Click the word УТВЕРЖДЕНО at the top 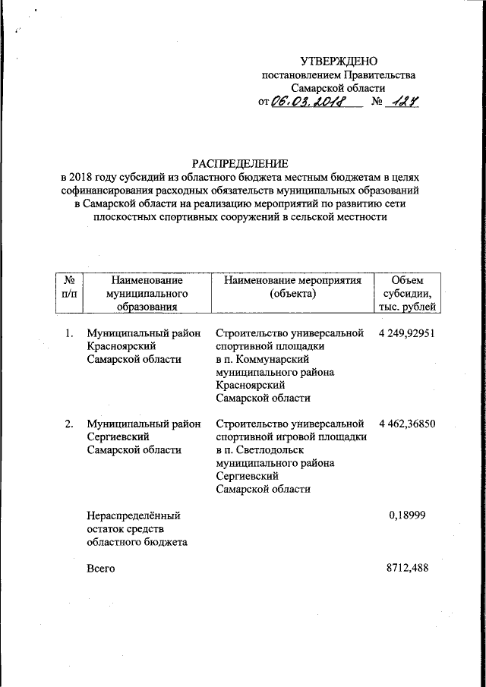338,61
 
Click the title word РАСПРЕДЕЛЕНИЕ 240,163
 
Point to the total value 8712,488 409,569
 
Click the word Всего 101,569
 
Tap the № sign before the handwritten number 374,103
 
